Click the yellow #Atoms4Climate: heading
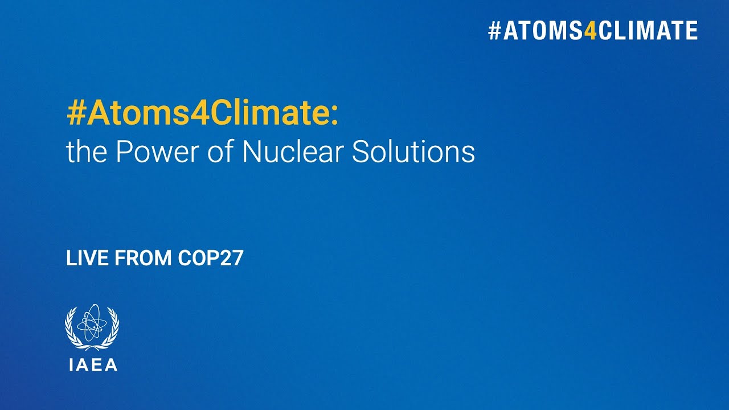coord(202,114)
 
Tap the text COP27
coord(211,259)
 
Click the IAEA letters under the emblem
coord(93,365)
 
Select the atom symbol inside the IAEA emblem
coord(92,323)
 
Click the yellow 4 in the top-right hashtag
coord(591,31)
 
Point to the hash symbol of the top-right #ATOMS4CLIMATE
coord(494,31)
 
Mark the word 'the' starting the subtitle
coord(83,152)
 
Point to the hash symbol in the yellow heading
coord(75,114)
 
